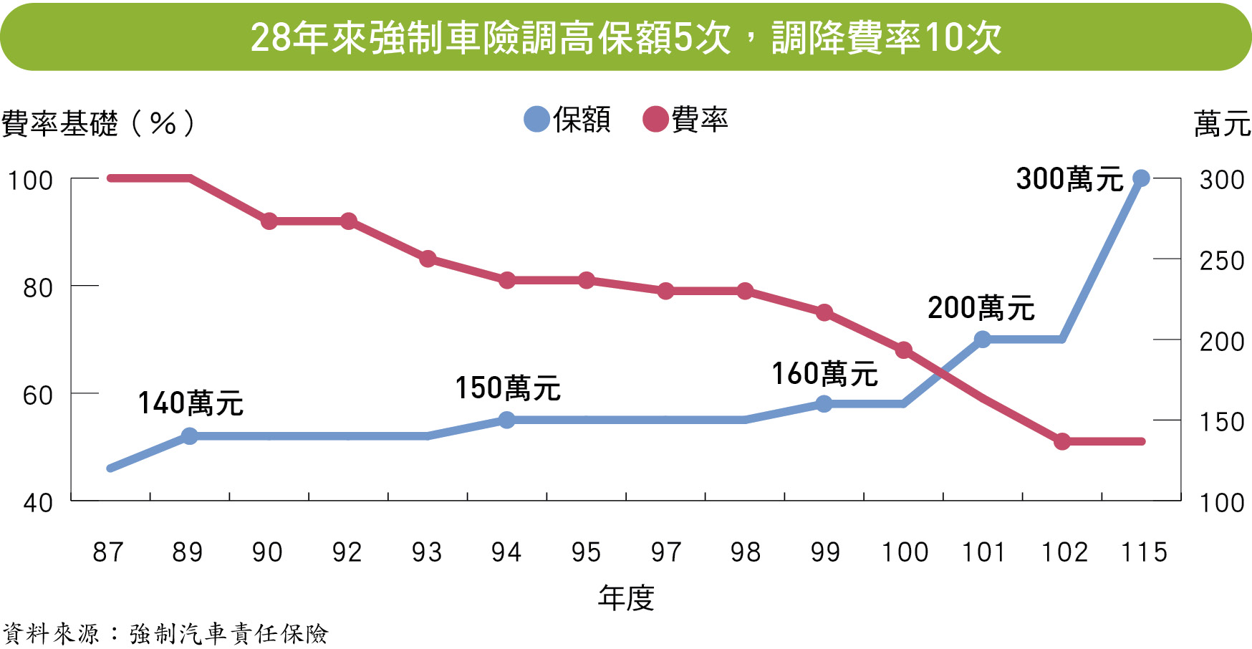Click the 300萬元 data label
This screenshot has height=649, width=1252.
tap(1069, 179)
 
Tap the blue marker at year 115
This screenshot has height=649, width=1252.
tap(1141, 178)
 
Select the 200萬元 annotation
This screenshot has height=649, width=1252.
tap(981, 308)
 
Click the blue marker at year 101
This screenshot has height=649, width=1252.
tap(983, 340)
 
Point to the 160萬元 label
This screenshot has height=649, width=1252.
tap(824, 374)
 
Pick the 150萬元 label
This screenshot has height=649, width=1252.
tap(508, 388)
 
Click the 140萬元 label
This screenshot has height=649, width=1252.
tap(191, 403)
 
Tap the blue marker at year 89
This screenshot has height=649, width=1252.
tap(190, 436)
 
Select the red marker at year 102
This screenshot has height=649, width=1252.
tap(1062, 441)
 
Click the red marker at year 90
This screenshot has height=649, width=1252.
tap(269, 221)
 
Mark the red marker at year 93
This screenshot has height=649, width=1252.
tap(428, 259)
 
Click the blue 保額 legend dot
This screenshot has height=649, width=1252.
tap(536, 119)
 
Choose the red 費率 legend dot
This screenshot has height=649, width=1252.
tap(655, 119)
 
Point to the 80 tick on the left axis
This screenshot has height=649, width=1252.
tap(38, 288)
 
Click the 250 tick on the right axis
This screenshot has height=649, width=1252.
tap(1222, 260)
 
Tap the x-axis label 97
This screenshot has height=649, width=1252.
tap(666, 552)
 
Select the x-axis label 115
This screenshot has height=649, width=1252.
tap(1144, 552)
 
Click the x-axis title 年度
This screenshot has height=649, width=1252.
tap(626, 597)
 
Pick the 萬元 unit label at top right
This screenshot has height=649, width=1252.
tap(1222, 124)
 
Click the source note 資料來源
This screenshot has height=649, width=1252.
tap(51, 634)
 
